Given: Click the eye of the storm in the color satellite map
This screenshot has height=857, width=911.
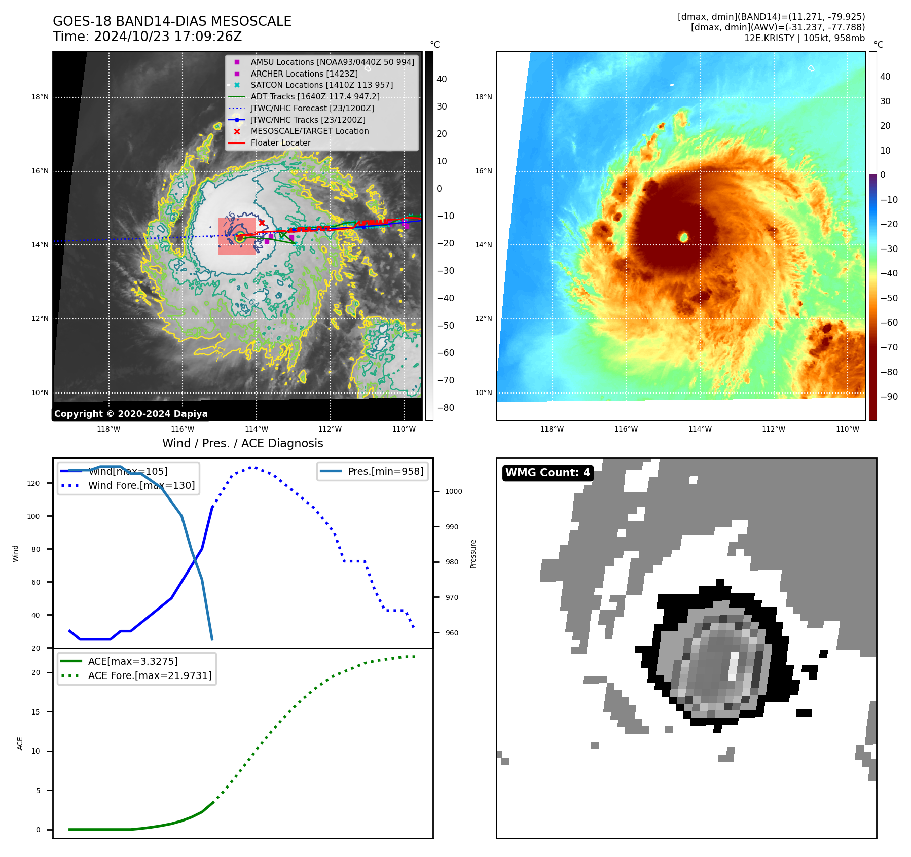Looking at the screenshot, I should click(683, 237).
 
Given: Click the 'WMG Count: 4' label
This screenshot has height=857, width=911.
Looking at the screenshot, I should click(548, 473).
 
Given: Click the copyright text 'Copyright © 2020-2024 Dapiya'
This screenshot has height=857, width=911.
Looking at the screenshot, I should click(131, 414).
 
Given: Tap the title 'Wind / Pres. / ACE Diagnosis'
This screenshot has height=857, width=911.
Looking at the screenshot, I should click(242, 443).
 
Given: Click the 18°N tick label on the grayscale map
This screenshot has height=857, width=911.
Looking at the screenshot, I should click(40, 97).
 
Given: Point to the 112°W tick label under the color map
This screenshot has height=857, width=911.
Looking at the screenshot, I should click(774, 429).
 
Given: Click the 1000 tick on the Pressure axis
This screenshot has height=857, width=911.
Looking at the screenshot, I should click(453, 491).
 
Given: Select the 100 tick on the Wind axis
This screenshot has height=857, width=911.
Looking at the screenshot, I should click(33, 516).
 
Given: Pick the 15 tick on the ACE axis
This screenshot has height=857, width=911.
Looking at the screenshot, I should click(35, 712).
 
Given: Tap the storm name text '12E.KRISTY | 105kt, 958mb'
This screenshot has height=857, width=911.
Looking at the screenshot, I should click(804, 38).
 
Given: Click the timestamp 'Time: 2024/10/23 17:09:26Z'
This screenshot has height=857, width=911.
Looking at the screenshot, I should click(147, 37).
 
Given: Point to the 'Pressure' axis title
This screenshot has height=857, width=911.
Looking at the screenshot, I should click(473, 554).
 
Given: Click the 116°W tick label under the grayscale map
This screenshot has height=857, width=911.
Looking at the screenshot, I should click(183, 429).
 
